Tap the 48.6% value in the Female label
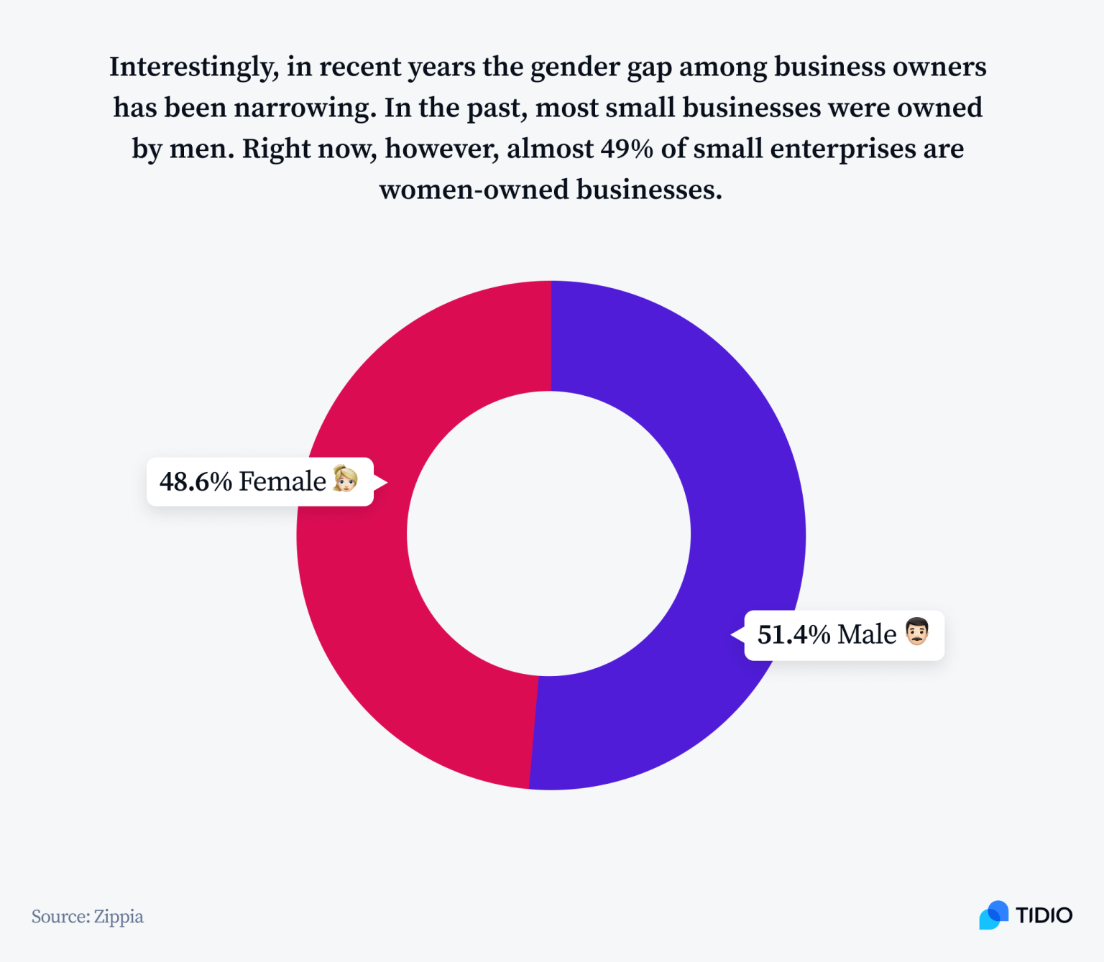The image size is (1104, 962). pos(195,482)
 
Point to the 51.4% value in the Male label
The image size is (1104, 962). pos(793,635)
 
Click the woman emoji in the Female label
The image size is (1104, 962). pos(346,479)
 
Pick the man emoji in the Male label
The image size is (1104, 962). pos(917,632)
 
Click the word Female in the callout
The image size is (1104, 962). pos(282,482)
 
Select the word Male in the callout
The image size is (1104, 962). pos(867,635)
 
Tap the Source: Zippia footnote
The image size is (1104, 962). pos(88,917)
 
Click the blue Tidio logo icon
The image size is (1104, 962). pos(993,915)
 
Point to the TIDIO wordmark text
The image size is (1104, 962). pos(1044,915)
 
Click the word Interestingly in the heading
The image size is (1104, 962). pos(193,68)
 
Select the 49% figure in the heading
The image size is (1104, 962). pos(627,149)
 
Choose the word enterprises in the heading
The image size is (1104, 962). pos(843,149)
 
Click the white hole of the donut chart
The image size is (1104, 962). pos(549,534)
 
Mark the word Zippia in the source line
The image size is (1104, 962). pos(119,917)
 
